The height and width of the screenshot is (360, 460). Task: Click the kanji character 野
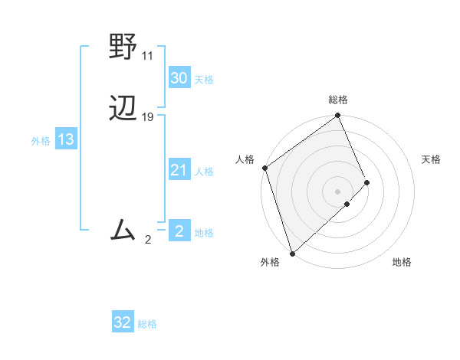point(123,47)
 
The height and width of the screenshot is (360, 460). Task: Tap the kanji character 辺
point(123,110)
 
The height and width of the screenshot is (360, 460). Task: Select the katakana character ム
point(123,230)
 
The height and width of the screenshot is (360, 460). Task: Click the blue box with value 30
point(179,77)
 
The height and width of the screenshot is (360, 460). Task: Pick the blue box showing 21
point(179,170)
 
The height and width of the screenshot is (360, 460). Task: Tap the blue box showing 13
point(66,139)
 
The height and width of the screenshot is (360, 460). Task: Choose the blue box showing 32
point(123,322)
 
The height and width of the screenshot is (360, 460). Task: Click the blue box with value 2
point(179,231)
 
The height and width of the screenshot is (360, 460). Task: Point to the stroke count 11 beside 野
point(148,56)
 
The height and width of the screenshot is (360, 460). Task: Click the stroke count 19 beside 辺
point(148,117)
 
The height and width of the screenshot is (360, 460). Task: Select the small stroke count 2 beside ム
point(148,240)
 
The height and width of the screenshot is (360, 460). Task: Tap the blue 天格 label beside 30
point(204,79)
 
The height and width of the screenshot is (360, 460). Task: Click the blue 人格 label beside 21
point(204,172)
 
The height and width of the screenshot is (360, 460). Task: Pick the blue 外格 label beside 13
point(41,141)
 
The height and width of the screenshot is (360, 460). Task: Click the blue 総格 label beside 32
point(147,324)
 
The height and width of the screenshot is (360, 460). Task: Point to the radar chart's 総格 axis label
point(338,100)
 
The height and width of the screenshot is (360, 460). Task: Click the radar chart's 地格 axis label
point(402,262)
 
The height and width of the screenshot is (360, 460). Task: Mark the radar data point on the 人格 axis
point(264,168)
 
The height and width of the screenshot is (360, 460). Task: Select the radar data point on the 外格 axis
point(292,253)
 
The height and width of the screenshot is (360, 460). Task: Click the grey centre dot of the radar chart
point(337,191)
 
